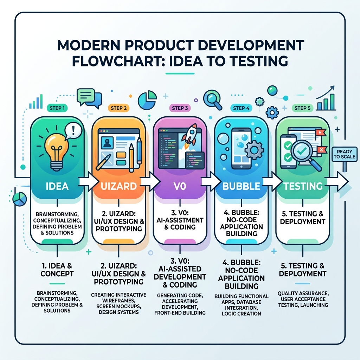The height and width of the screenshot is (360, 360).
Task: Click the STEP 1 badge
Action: (x=57, y=108)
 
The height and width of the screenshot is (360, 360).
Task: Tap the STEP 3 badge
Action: (x=180, y=108)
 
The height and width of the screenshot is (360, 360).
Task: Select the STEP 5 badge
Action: (x=302, y=108)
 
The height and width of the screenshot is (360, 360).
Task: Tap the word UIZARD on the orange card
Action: (x=119, y=186)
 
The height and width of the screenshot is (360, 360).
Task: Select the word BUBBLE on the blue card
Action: (x=241, y=186)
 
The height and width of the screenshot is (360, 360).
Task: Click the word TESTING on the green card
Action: (x=303, y=186)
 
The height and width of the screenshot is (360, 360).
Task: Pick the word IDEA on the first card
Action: (x=57, y=186)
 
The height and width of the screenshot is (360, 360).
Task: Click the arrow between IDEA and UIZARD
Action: (x=88, y=181)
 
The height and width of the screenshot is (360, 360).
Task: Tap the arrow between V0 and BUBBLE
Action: (x=211, y=181)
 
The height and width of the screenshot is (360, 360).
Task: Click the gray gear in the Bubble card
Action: (x=254, y=150)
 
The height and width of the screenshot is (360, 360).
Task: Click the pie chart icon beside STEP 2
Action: (x=147, y=100)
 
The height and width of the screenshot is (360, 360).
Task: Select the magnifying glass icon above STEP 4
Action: (x=213, y=99)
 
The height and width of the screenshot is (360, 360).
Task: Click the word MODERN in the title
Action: (x=89, y=45)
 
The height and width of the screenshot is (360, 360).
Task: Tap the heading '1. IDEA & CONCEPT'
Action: (x=57, y=270)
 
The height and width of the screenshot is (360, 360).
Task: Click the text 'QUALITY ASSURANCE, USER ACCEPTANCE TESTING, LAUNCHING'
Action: (x=303, y=299)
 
